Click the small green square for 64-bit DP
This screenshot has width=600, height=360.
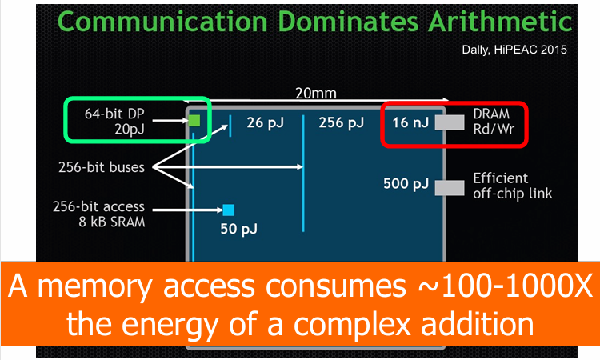[x=194, y=121]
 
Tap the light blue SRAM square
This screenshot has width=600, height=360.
[x=228, y=210]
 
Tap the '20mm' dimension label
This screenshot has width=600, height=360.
[x=316, y=94]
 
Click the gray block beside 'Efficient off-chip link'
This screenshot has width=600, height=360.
[x=449, y=186]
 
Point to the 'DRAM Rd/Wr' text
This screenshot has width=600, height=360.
[x=492, y=122]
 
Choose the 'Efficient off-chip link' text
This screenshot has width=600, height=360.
[x=512, y=186]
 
